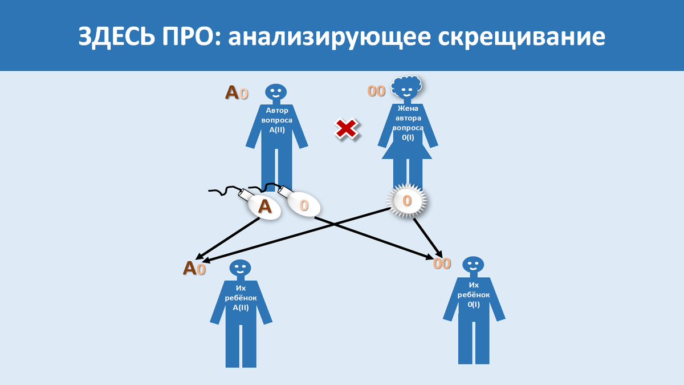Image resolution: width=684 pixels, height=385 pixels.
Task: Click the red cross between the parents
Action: (x=346, y=129)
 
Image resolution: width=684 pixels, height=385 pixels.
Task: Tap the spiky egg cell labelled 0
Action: (x=407, y=201)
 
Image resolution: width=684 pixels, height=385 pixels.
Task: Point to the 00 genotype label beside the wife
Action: (x=376, y=91)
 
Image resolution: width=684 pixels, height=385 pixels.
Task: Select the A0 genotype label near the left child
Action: (x=194, y=268)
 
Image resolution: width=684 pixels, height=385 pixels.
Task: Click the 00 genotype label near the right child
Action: (x=442, y=264)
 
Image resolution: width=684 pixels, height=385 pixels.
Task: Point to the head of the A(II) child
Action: (x=240, y=268)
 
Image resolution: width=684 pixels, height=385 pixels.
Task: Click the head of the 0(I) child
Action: (x=473, y=264)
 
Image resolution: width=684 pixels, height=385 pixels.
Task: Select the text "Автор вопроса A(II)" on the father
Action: (x=276, y=120)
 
